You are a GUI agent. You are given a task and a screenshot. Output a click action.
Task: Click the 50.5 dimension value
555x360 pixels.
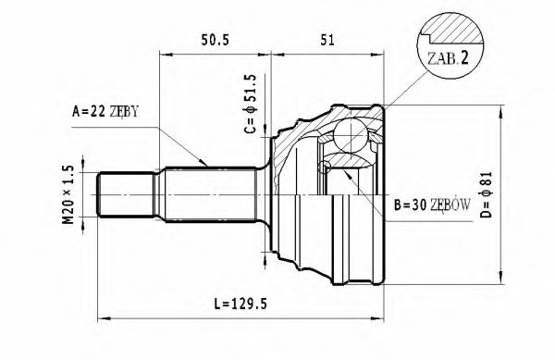pos(215,40)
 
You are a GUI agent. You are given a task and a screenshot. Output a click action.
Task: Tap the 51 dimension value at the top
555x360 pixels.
pos(327,40)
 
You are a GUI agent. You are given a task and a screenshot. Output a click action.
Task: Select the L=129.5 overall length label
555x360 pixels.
pos(240,304)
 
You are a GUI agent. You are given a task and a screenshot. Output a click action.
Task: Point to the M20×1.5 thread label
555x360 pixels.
pos(68,194)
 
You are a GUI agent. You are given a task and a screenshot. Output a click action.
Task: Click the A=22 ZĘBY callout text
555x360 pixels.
pos(105,111)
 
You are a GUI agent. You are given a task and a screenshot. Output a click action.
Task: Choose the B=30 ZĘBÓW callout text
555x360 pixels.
pos(432,205)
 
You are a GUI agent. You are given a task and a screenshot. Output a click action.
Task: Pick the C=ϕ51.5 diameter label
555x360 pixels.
pos(250,104)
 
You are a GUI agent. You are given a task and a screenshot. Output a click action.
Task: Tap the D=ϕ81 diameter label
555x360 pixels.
pos(487,194)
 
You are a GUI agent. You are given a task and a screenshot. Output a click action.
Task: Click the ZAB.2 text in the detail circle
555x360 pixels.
pos(448,58)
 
